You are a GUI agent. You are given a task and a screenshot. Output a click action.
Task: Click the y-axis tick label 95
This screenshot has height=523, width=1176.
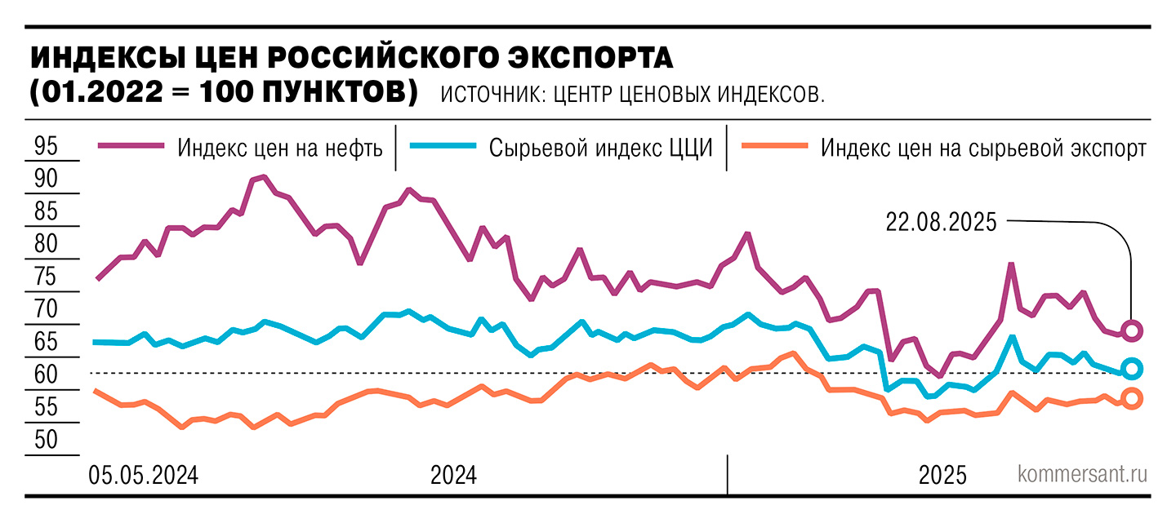click(47, 147)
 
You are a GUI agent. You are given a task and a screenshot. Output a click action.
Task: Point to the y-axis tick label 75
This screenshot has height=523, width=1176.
click(47, 277)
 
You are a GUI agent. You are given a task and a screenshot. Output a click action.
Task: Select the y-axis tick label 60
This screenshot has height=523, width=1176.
click(47, 375)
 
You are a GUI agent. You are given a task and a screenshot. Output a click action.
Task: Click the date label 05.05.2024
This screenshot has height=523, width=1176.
click(143, 476)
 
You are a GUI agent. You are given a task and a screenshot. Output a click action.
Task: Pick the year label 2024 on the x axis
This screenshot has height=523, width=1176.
click(453, 476)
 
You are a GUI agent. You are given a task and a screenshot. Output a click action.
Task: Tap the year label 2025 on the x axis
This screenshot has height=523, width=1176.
click(943, 476)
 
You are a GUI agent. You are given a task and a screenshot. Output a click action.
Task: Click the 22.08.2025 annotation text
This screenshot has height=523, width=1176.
click(941, 222)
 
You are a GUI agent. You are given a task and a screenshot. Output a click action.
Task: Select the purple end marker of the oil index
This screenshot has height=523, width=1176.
click(1132, 330)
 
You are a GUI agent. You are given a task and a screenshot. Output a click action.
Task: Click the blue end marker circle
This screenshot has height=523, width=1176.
click(1132, 369)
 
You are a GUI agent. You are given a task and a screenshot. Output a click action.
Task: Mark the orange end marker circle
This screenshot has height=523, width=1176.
click(1132, 398)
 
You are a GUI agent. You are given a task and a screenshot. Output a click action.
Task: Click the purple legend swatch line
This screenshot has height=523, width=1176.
click(131, 146)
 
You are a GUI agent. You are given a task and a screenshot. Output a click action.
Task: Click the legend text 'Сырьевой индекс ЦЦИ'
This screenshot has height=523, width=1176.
click(601, 148)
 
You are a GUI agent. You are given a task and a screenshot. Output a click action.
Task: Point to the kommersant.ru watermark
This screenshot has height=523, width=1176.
click(1082, 475)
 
